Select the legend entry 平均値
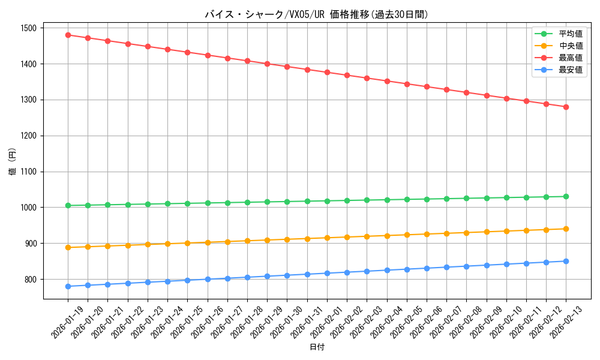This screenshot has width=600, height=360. pos(571,34)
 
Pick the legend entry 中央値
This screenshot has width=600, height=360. pos(571,46)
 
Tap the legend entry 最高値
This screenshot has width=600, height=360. pos(571,58)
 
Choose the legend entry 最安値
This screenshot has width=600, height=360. pos(571,70)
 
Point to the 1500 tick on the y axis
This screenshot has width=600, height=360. pos(28,28)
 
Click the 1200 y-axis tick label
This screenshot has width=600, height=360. pos(28,136)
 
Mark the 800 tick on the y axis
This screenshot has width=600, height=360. pos(30,280)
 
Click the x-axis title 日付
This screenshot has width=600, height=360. pos(317,347)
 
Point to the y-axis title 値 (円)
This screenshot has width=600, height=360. pos(12,162)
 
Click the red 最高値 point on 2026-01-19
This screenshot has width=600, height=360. pos(68,35)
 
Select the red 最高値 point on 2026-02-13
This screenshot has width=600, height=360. pos(566,107)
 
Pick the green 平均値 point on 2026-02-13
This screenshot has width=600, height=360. pos(566,197)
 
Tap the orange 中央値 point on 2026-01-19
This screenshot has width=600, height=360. pos(68,247)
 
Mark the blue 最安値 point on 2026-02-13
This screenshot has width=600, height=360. pos(566,261)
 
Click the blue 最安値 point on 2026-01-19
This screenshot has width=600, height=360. pos(68,286)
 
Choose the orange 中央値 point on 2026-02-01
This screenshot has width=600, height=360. pos(327,238)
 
